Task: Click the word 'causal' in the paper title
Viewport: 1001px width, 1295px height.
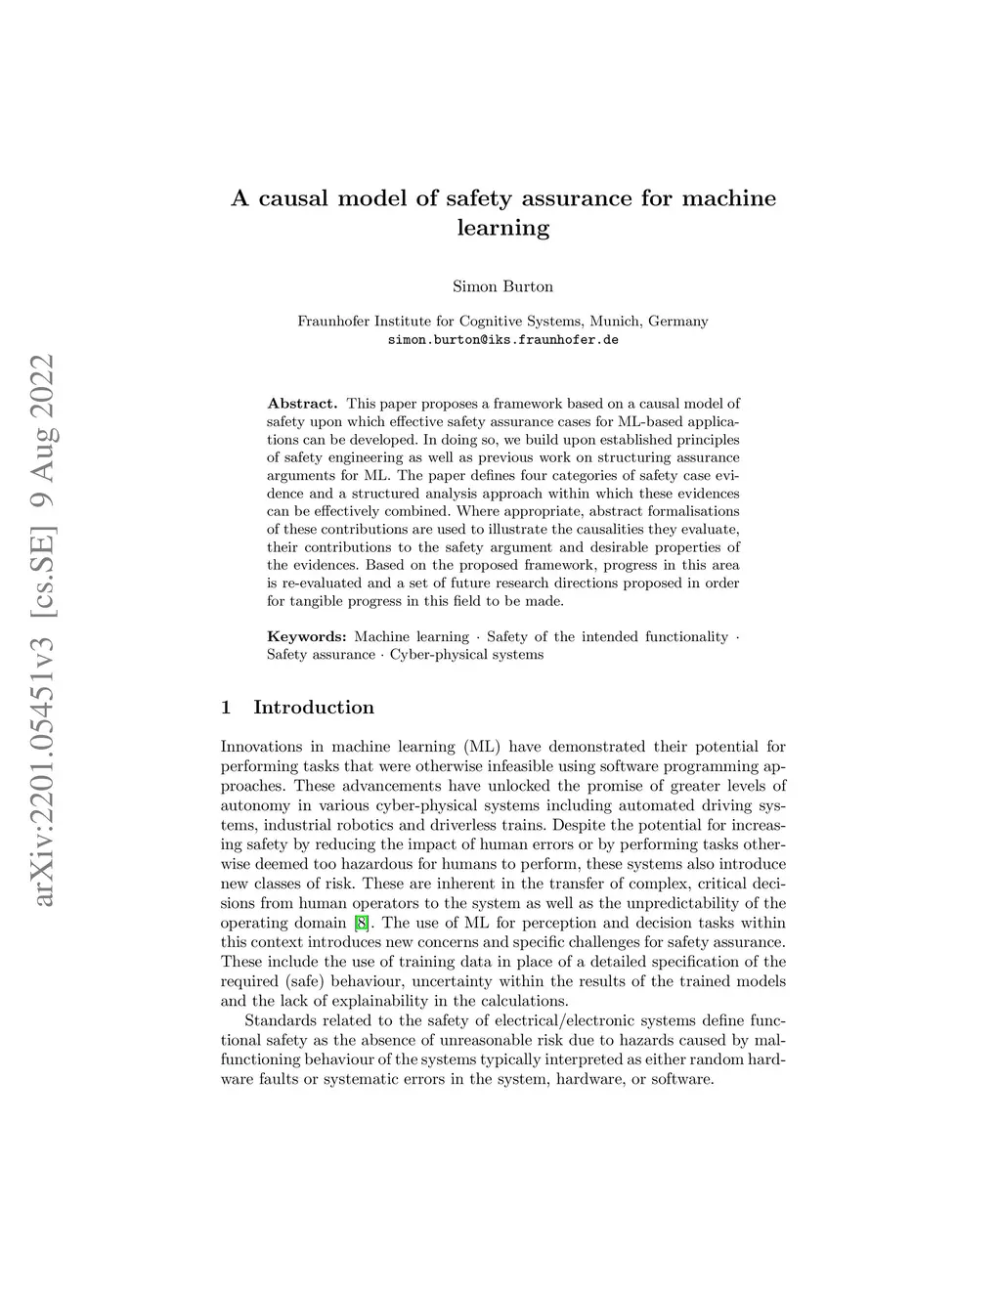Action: pos(293,198)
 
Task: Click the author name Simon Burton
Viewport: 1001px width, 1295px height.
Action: pos(502,286)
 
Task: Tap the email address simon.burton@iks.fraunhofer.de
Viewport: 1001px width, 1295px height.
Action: pos(502,340)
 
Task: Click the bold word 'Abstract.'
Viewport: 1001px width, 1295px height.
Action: pos(302,403)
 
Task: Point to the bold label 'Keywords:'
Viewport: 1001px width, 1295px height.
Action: pos(306,636)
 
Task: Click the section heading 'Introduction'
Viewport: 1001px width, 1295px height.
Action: pos(313,707)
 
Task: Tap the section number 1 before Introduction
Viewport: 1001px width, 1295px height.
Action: pos(227,707)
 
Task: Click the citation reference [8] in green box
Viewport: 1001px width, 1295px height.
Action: pos(362,923)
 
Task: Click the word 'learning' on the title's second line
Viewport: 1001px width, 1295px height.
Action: pos(502,229)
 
